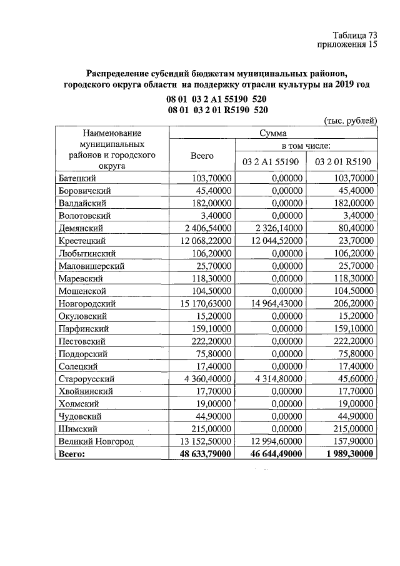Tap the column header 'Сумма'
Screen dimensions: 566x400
[x=273, y=133]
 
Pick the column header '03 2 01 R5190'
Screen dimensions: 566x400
[x=342, y=162]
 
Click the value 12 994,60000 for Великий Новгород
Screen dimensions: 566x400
[x=272, y=442]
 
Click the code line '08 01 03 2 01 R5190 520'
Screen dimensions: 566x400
[x=217, y=110]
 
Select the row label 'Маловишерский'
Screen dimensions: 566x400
[x=91, y=266]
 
